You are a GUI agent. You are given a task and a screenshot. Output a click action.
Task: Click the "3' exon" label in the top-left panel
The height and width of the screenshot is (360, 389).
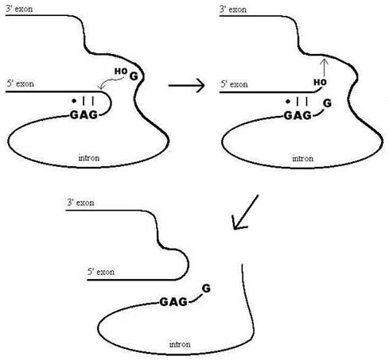19,9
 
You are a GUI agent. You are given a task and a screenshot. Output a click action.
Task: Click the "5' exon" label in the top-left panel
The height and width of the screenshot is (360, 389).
21,83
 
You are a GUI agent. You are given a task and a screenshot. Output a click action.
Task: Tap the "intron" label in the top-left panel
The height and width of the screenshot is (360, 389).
89,158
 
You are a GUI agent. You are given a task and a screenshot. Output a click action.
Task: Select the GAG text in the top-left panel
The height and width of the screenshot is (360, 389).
84,115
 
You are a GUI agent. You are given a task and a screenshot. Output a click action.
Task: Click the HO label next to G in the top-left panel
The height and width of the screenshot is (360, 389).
121,71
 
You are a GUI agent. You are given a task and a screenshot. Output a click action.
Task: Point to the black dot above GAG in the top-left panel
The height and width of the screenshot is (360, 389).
74,101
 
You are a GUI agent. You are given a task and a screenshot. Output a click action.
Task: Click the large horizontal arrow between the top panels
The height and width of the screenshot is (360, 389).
187,85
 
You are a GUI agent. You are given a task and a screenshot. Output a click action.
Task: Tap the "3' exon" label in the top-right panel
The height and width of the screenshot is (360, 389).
233,10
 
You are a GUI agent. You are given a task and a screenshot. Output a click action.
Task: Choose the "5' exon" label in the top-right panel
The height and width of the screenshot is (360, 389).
235,84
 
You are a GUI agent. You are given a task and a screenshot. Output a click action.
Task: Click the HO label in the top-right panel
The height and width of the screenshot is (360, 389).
320,83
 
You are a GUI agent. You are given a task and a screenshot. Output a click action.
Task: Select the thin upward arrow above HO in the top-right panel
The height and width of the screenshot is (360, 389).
324,68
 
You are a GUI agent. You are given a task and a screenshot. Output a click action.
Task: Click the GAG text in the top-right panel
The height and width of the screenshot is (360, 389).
298,115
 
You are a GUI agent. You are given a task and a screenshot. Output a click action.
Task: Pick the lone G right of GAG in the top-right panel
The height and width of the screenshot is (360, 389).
328,103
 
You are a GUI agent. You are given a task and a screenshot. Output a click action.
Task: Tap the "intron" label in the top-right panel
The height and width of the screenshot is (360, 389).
303,158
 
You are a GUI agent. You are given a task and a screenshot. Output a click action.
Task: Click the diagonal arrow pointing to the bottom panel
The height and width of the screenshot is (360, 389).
245,212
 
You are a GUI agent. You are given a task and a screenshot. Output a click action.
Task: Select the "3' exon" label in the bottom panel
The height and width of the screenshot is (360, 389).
80,203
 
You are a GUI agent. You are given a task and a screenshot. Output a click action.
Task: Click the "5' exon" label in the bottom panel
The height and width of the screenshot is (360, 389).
101,272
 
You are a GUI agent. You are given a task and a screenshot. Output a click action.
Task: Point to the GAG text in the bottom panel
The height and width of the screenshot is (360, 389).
173,302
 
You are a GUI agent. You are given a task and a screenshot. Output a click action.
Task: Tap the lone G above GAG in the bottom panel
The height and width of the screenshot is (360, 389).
206,288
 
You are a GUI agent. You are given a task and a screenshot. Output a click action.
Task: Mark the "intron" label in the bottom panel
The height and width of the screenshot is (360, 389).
180,344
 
